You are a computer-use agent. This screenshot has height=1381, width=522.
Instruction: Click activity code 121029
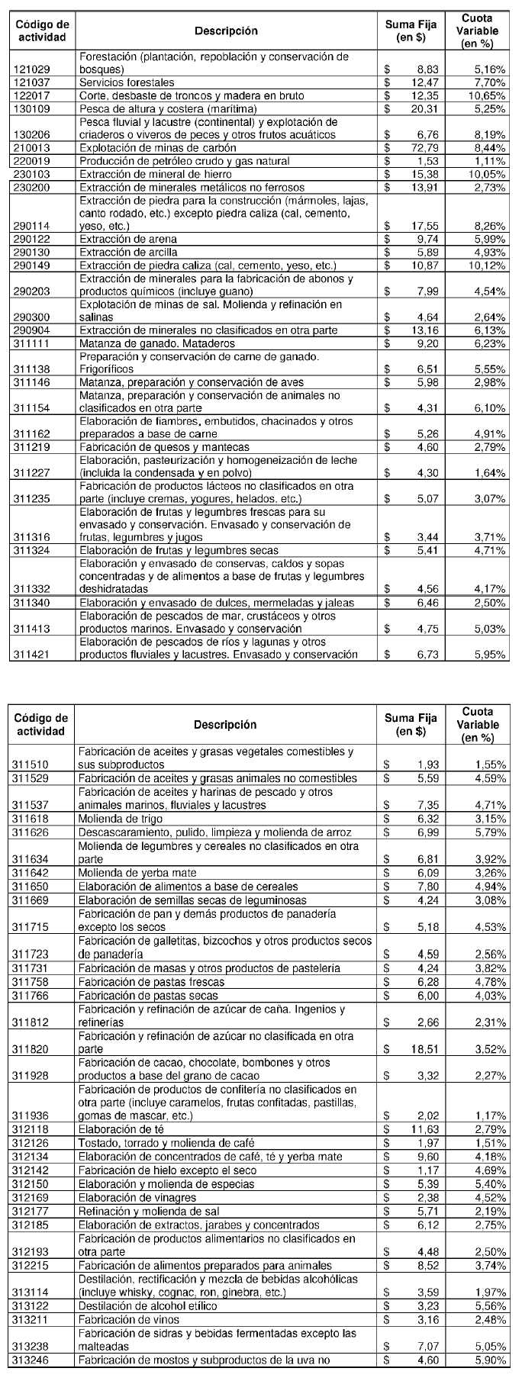point(32,69)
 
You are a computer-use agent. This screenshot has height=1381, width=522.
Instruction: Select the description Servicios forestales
point(127,82)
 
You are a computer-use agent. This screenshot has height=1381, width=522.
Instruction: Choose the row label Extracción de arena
point(128,239)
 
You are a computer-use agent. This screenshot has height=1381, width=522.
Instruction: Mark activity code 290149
point(32,266)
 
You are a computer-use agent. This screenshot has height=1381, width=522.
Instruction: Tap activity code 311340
point(32,603)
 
